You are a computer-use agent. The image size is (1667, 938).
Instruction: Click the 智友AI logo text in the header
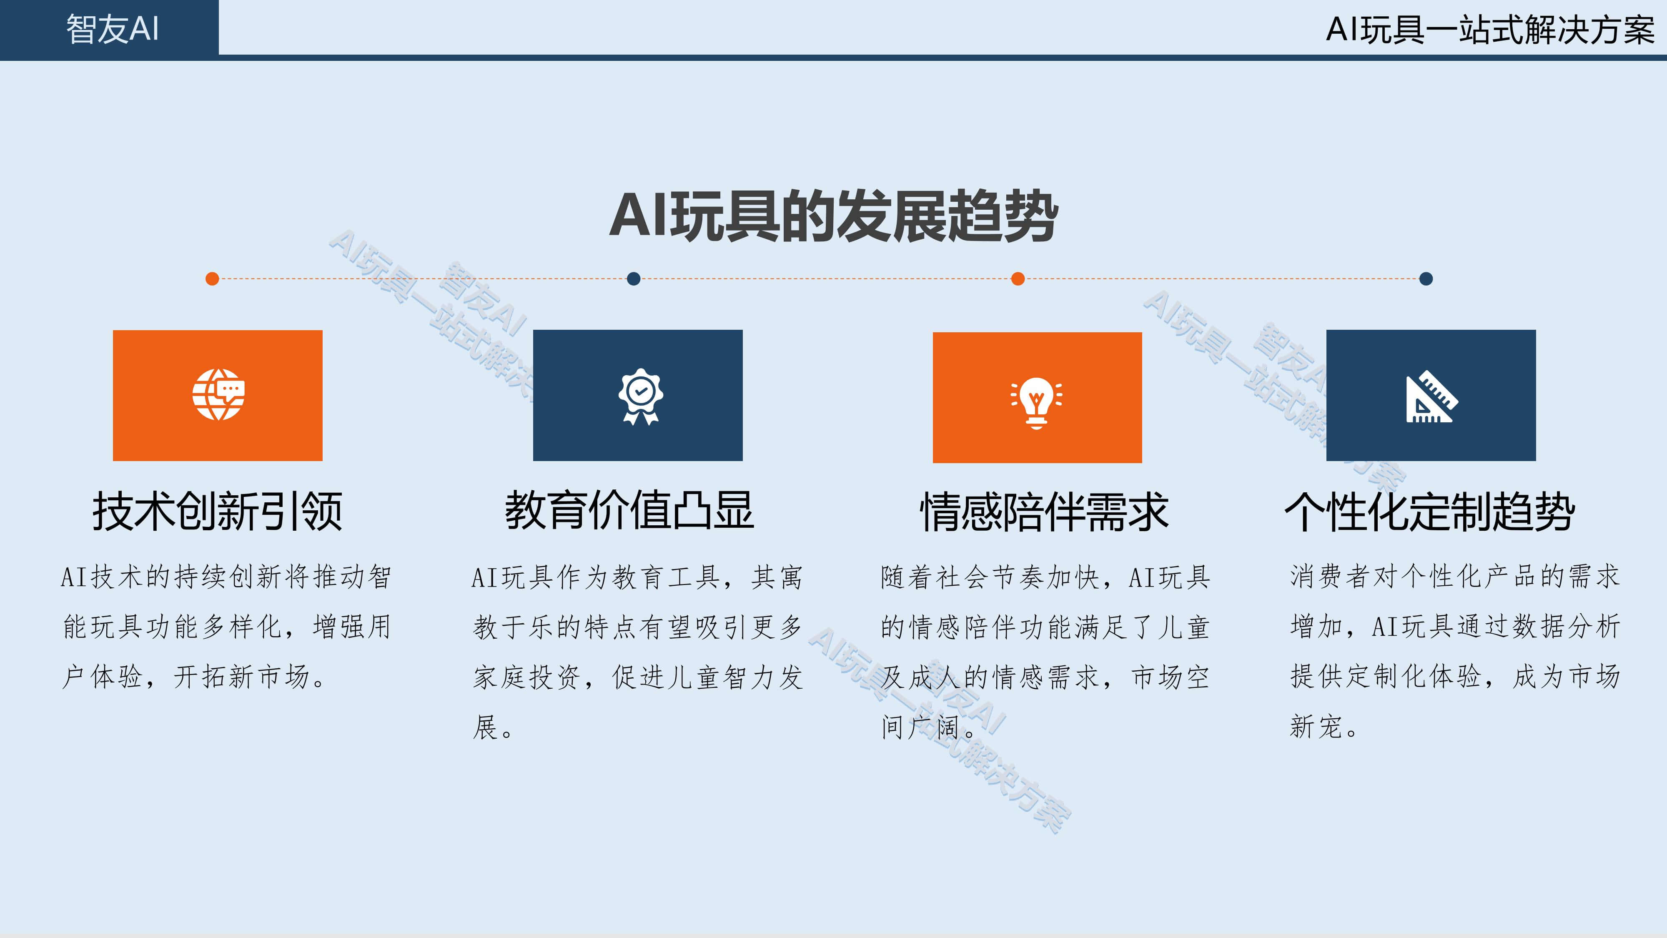113,29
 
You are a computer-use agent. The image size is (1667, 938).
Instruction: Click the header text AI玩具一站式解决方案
1490,30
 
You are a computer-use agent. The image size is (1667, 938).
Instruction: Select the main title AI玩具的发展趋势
834,216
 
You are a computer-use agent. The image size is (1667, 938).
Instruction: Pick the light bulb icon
1037,403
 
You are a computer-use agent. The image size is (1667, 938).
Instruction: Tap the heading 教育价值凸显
629,510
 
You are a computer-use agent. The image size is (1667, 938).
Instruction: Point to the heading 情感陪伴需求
1045,512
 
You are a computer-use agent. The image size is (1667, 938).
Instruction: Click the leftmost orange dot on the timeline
212,279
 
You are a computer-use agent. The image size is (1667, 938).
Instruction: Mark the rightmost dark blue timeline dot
1426,279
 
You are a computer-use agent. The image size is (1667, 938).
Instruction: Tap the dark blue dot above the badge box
634,279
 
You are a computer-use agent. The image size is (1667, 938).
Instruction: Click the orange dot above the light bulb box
1018,279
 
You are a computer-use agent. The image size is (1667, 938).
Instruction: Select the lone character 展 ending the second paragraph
485,727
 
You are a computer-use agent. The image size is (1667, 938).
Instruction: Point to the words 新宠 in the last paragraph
1316,727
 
